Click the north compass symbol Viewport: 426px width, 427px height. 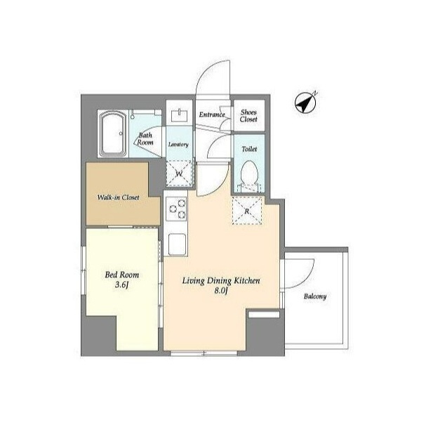tap(305, 103)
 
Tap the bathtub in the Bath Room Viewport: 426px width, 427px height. tap(113, 133)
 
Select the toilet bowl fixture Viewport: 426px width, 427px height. tap(249, 173)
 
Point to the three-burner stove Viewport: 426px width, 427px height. tap(176, 209)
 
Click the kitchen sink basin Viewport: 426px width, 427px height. tap(177, 244)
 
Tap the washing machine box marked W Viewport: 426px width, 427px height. tap(179, 173)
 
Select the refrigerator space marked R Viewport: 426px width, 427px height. tap(247, 210)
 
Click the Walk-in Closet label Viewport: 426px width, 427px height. tap(118, 197)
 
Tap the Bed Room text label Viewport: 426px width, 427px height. tap(121, 275)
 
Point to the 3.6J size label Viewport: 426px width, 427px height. tap(121, 285)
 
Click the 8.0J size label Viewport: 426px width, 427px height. tap(221, 291)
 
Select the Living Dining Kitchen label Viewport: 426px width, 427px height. tap(221, 281)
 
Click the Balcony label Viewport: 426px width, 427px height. tap(315, 296)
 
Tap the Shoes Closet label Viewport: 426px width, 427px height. tap(248, 116)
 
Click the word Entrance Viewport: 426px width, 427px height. tap(212, 114)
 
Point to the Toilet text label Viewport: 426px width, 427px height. tap(249, 149)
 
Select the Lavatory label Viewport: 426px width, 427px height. tap(178, 145)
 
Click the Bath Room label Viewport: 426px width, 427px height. tap(145, 138)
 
